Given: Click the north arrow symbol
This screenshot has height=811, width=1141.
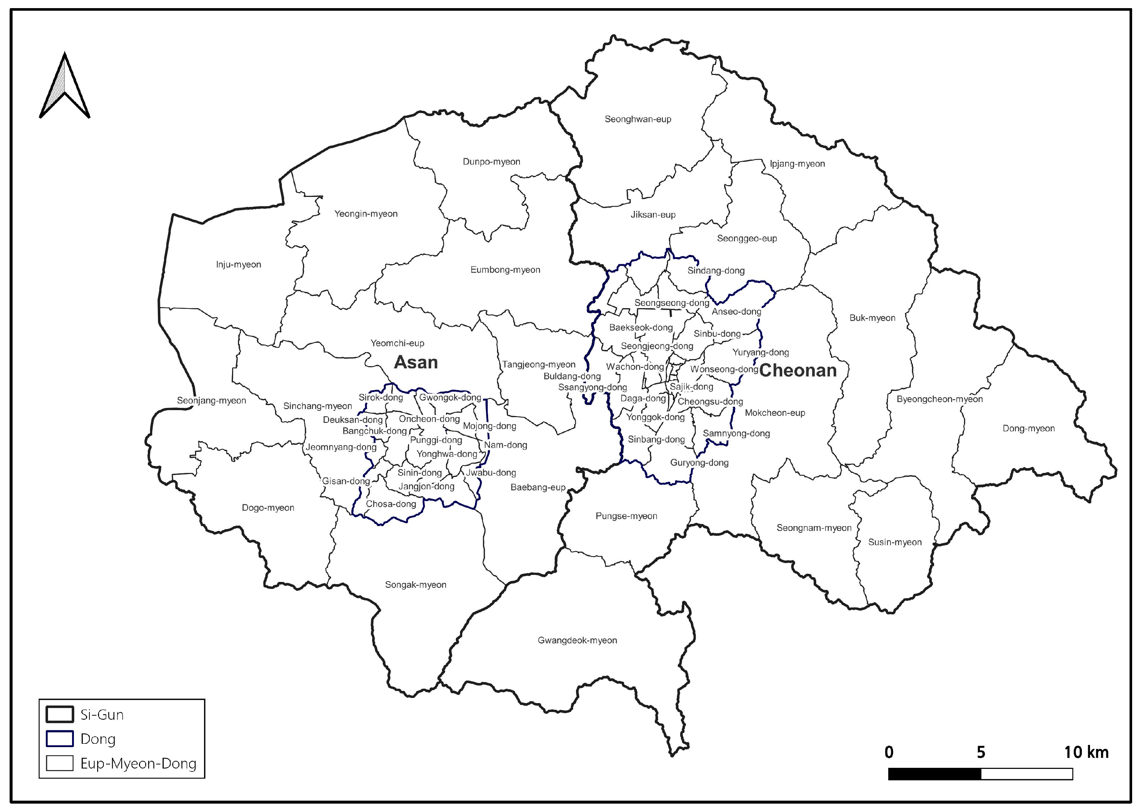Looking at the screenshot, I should coord(64,86).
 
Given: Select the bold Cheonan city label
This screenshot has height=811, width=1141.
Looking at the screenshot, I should coord(797,371).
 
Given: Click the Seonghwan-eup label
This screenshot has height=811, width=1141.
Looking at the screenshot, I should coord(638,119).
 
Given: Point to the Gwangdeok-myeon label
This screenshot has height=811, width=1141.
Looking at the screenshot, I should coord(577,640).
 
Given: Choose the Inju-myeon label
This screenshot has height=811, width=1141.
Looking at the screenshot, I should coord(238,265).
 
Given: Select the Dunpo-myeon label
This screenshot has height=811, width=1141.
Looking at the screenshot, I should coord(491,162).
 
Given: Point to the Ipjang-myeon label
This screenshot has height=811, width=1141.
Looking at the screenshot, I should coord(797,164).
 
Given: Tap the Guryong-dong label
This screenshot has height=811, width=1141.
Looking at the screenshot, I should coord(699,463).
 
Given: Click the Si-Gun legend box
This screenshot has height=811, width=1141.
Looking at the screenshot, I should coord(59,715).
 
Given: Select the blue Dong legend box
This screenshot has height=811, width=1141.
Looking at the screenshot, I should coord(59,739).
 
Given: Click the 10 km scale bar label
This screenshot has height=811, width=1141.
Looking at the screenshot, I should coord(1086,752).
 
